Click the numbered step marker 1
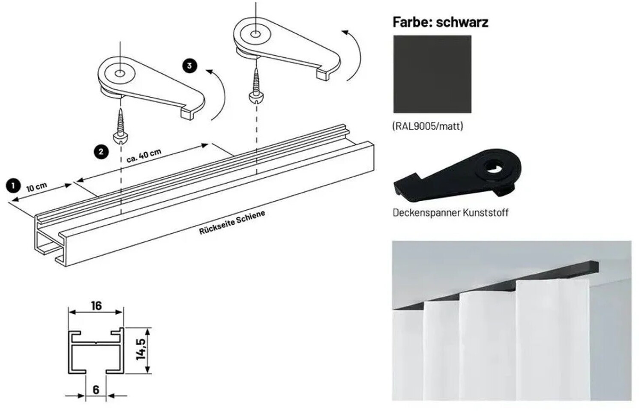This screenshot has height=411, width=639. [x=13, y=186]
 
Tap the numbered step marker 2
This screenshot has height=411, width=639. [x=101, y=152]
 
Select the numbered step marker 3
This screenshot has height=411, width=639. [x=190, y=66]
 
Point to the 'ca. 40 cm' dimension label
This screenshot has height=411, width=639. [x=144, y=156]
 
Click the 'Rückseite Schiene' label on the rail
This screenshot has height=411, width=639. [x=232, y=223]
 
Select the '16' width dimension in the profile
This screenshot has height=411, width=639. [x=96, y=306]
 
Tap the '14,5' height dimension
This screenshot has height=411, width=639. [x=141, y=349]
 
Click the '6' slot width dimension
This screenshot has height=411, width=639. [x=96, y=390]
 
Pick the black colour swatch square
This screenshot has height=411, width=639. [x=432, y=74]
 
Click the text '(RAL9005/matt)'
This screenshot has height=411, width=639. [x=428, y=126]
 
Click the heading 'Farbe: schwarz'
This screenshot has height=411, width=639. [x=441, y=22]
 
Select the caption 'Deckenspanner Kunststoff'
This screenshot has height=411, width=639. [x=450, y=213]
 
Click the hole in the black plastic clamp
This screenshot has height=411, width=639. [x=494, y=167]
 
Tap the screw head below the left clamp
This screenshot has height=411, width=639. [x=121, y=138]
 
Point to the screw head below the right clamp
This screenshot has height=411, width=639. [x=256, y=98]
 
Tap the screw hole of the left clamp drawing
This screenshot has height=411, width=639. [x=120, y=74]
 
